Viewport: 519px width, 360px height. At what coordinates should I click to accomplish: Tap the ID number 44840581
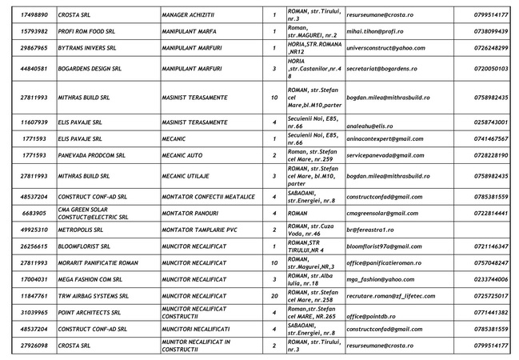[34, 70]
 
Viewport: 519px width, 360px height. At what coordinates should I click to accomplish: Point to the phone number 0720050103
[490, 70]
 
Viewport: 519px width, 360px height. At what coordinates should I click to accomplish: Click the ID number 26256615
[34, 246]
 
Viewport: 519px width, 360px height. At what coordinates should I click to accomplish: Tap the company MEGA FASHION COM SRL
[90, 280]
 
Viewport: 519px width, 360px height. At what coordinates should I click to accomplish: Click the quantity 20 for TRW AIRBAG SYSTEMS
[273, 296]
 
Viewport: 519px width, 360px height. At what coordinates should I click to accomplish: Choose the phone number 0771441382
[490, 313]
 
